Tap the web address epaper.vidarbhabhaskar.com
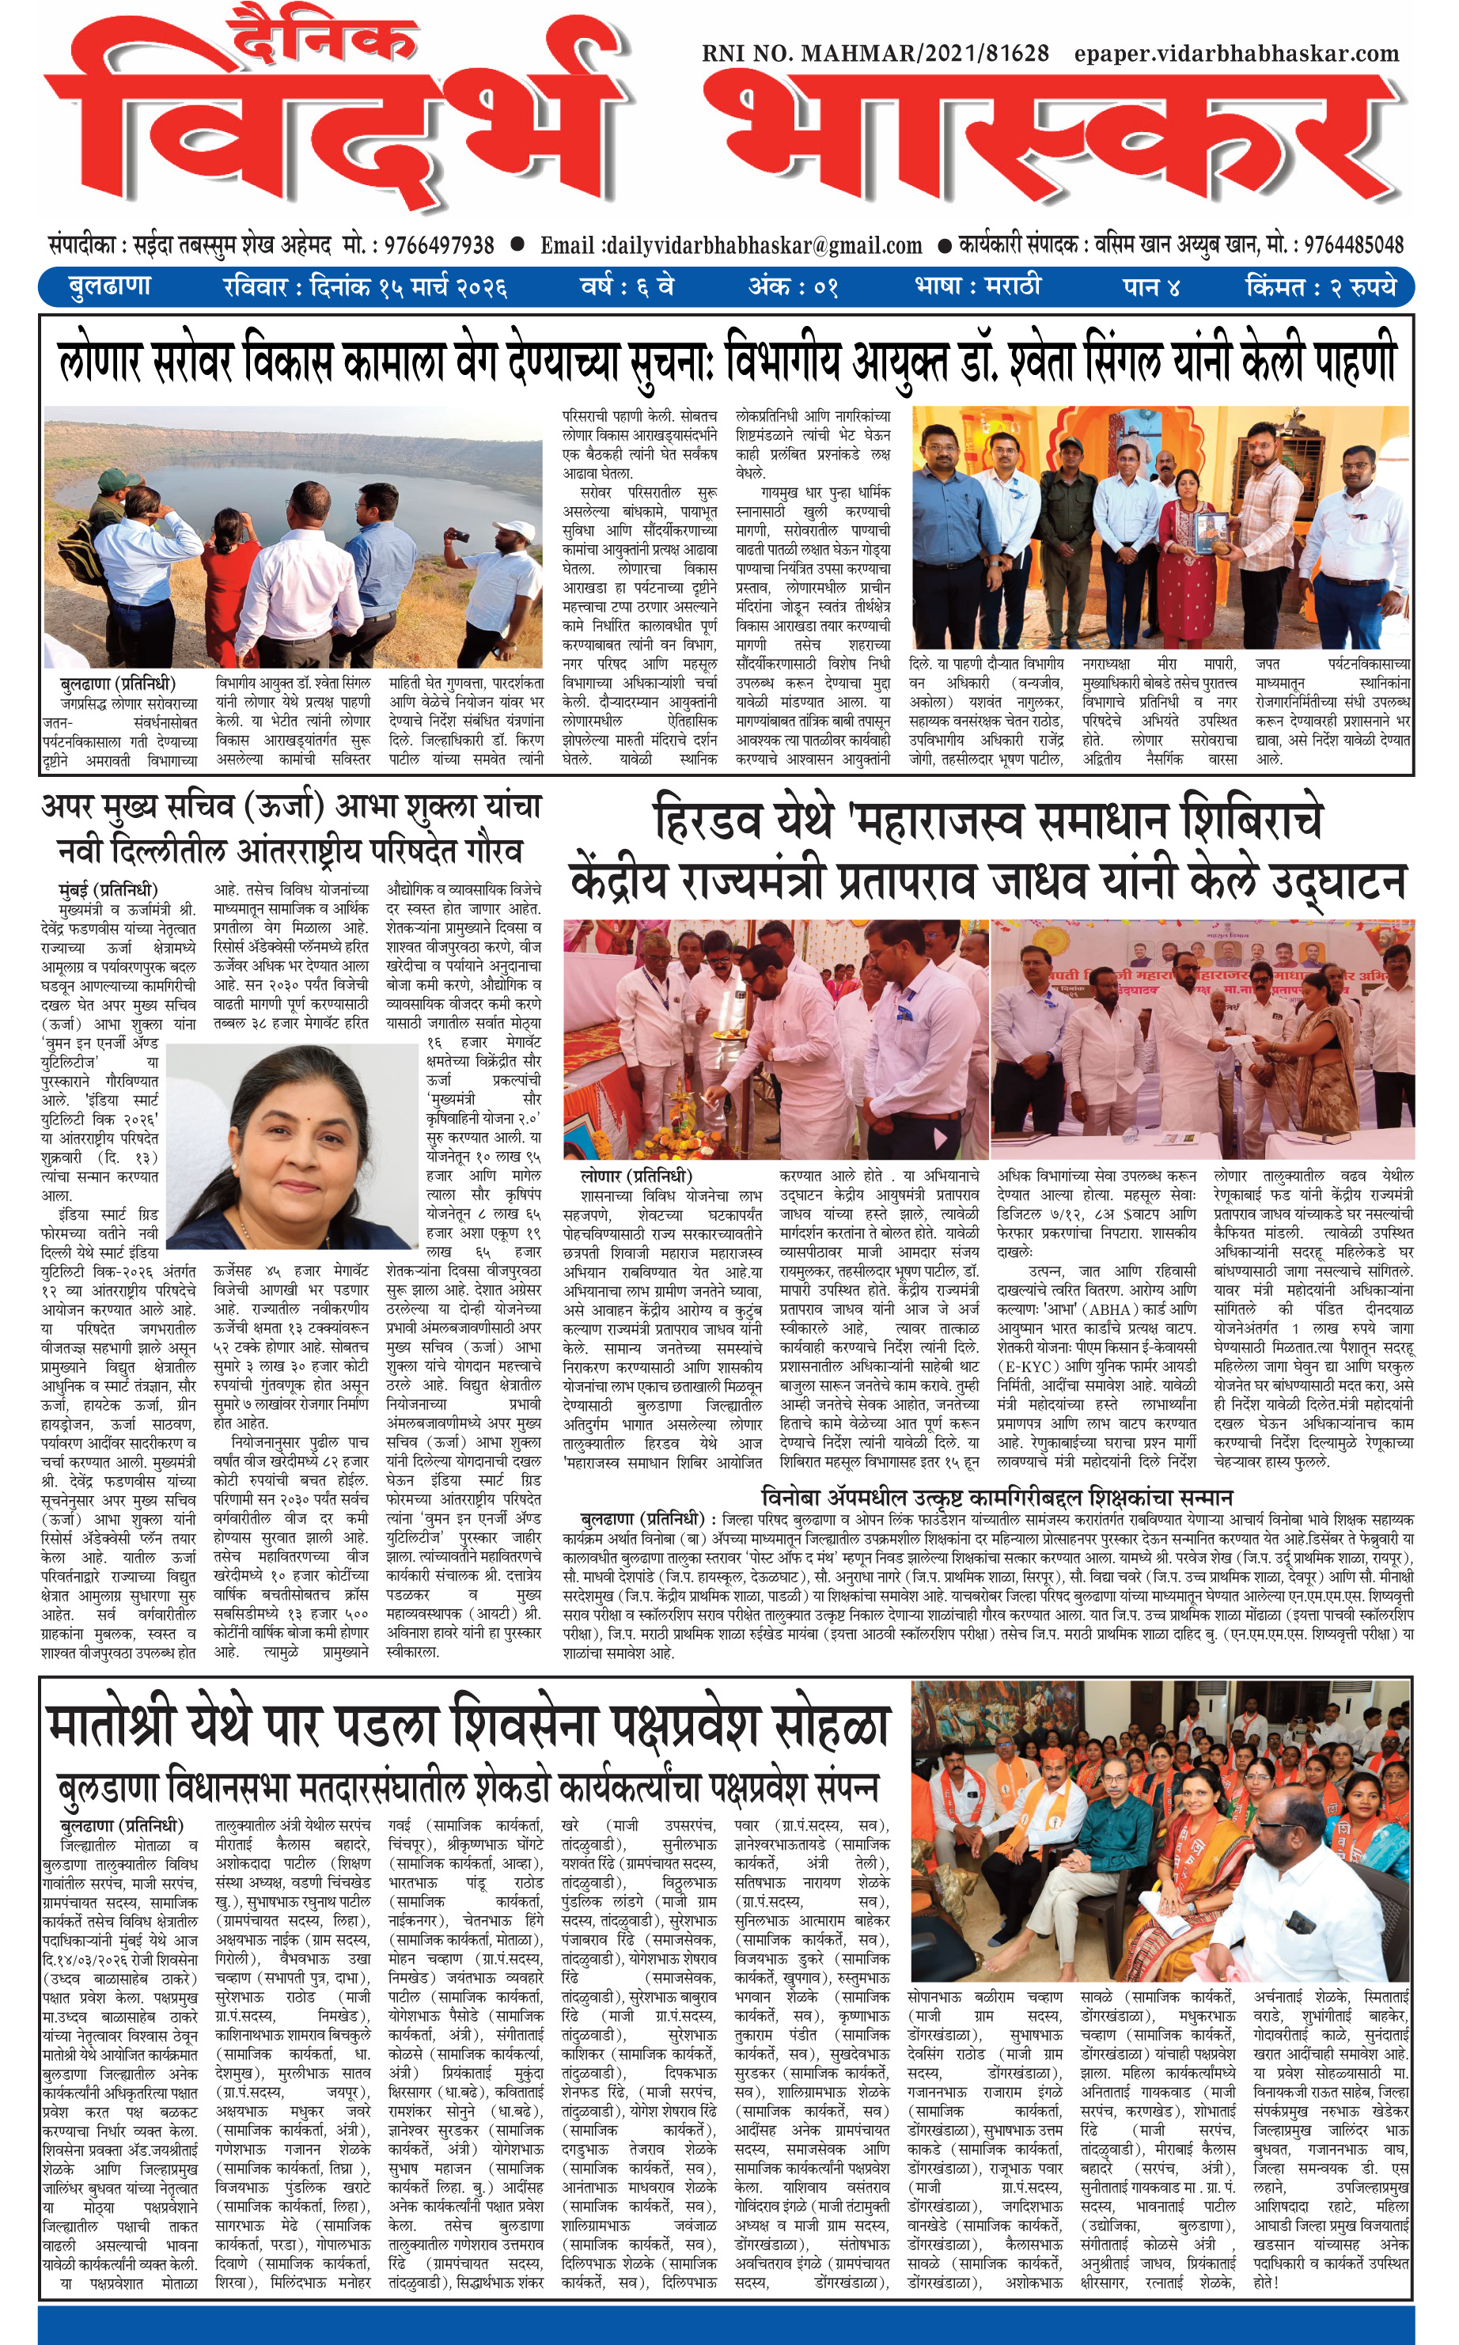click(x=1236, y=54)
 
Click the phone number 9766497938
click(x=439, y=246)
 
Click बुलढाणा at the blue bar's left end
click(x=110, y=287)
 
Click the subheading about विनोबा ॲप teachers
click(x=996, y=1497)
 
